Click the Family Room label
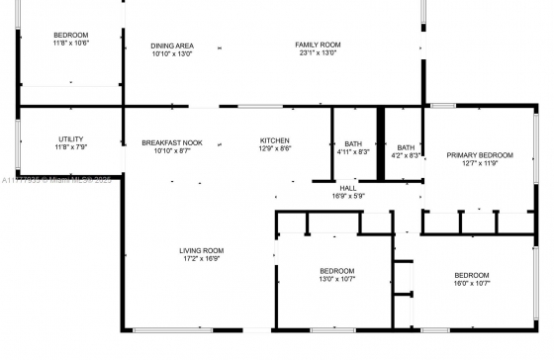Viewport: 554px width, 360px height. (x=318, y=45)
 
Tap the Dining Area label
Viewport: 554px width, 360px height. (x=172, y=45)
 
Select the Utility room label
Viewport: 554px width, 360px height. (x=71, y=139)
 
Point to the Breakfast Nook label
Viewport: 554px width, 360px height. (x=172, y=142)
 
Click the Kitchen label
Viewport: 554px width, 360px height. (x=275, y=140)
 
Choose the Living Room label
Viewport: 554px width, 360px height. (x=202, y=250)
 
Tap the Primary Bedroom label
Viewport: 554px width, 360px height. (x=480, y=155)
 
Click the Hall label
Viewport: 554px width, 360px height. (x=348, y=188)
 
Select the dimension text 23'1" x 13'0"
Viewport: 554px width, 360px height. (x=318, y=53)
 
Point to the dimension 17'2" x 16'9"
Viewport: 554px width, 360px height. (x=202, y=258)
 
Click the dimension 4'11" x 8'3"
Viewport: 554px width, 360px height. (x=353, y=152)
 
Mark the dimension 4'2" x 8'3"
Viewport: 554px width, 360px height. (x=406, y=155)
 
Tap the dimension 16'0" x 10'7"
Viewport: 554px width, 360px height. (x=472, y=283)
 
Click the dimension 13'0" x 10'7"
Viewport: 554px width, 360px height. (x=337, y=279)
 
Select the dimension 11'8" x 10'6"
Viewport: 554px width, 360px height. (x=71, y=44)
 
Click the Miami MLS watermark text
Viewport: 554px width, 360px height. (x=56, y=180)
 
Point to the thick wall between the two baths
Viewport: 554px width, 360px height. (x=381, y=143)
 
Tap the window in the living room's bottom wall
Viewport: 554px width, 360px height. (x=173, y=330)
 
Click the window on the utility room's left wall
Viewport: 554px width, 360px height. (x=18, y=144)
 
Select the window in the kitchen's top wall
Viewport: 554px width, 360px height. (x=260, y=106)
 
